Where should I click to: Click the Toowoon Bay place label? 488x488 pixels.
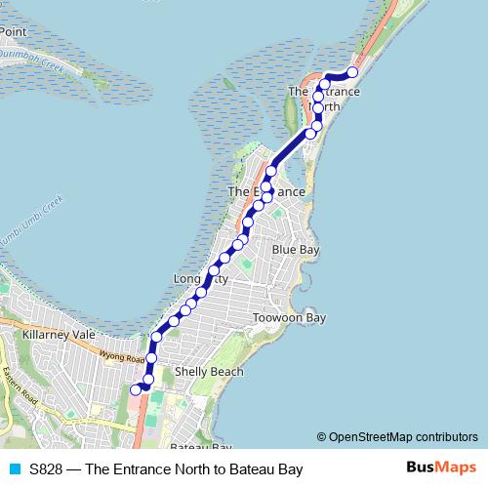(288, 318)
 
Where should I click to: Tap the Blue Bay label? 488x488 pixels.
(296, 250)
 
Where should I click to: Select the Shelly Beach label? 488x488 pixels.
(209, 372)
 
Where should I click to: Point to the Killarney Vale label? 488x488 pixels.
(59, 334)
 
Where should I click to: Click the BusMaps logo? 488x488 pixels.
(440, 468)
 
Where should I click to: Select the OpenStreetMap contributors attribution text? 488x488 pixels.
(397, 436)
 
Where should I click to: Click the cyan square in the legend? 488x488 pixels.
(13, 469)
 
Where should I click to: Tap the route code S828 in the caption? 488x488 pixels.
(47, 469)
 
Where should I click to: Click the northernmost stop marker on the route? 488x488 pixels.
(352, 73)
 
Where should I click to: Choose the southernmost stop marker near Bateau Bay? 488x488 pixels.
(136, 389)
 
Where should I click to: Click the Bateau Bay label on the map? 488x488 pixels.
(200, 448)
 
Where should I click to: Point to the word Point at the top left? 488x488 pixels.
(13, 32)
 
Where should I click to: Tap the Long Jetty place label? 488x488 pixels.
(201, 279)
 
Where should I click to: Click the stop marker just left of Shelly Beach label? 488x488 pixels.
(148, 380)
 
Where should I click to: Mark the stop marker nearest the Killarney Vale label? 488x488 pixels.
(156, 338)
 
